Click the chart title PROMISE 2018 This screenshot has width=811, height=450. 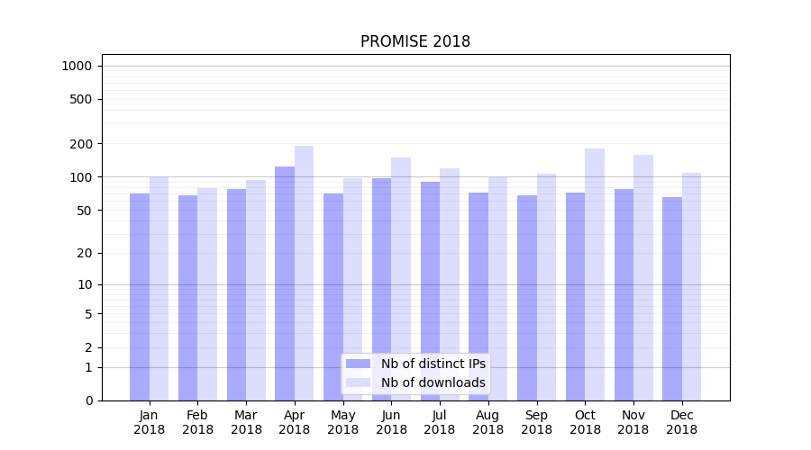point(415,41)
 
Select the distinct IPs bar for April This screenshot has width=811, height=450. point(285,283)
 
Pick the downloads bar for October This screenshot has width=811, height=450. point(595,274)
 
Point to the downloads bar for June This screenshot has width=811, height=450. point(401,279)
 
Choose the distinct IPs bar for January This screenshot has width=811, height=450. point(140,297)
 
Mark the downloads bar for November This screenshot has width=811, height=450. point(643,277)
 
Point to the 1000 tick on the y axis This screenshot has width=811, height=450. point(77,66)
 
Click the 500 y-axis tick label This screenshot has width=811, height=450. point(81,99)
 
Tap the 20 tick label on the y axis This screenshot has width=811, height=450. point(84,253)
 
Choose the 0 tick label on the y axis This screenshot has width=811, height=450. point(88,400)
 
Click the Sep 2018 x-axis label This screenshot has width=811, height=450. point(536,422)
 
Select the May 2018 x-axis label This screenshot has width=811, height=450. point(342,422)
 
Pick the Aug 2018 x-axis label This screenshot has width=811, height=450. point(488,422)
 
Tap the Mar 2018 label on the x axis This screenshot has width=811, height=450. point(246,422)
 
